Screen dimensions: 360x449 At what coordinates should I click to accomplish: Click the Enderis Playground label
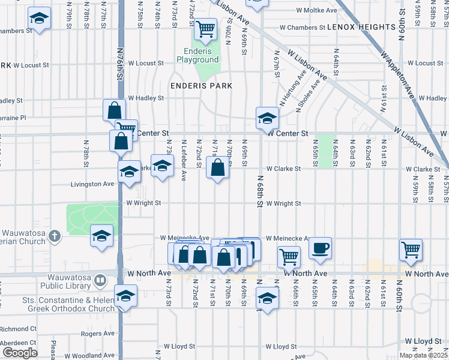[x=197, y=56]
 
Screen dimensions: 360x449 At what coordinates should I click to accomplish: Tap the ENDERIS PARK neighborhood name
[x=200, y=86]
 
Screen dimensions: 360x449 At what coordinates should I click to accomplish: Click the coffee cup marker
[x=321, y=247]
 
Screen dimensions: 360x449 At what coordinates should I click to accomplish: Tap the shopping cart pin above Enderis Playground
[x=205, y=28]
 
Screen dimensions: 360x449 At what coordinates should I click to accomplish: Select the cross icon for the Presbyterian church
[x=54, y=236]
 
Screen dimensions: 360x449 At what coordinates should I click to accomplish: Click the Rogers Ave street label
[x=97, y=334]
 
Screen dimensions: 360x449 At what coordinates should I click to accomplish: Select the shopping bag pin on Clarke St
[x=217, y=167]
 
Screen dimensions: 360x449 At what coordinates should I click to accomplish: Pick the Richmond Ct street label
[x=18, y=329]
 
